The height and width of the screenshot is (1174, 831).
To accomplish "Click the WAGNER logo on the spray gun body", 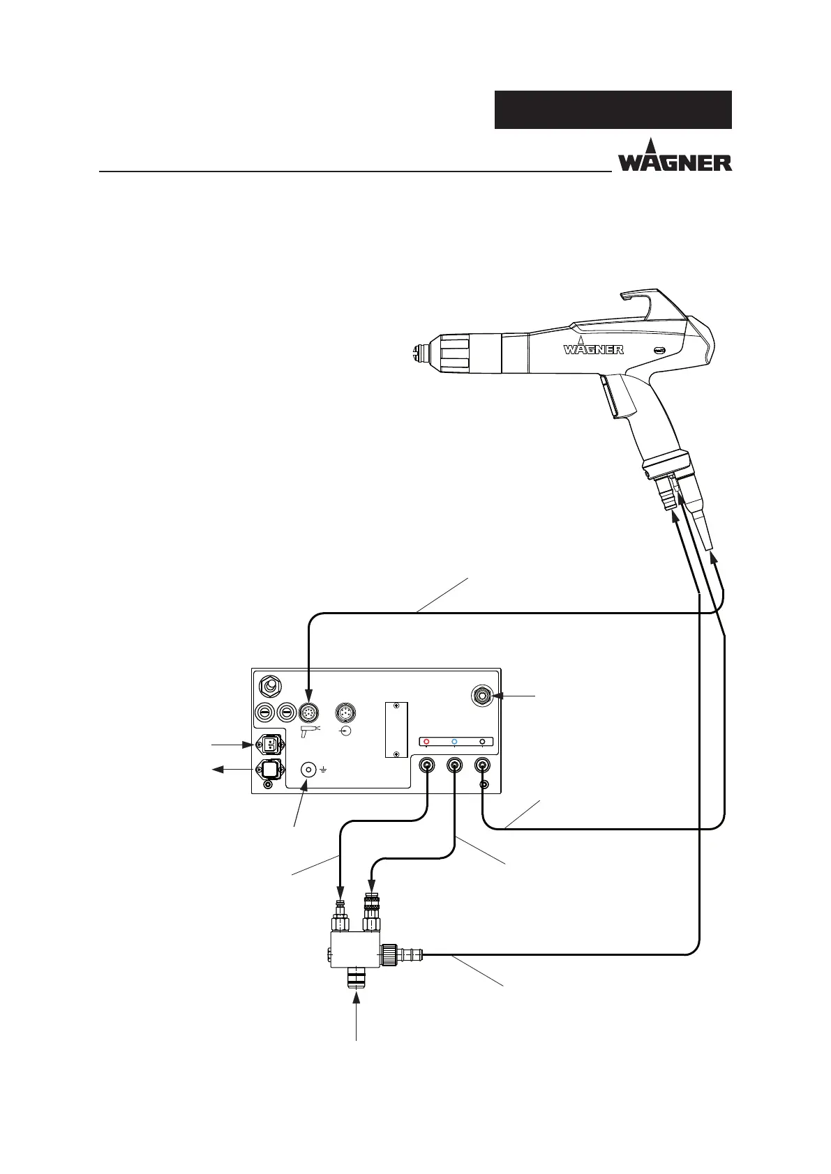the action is point(593,348).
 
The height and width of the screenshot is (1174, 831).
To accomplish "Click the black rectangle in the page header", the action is point(613,109).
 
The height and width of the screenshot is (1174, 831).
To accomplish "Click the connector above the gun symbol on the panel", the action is point(308,712).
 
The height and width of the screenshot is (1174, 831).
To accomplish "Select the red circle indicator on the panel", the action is point(426,742).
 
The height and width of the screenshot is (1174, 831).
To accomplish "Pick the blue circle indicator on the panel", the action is point(454,742).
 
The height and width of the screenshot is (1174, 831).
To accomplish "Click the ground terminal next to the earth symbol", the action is point(308,769).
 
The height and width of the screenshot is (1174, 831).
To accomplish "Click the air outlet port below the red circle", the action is point(426,765).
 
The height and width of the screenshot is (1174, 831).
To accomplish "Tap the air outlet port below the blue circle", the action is point(454,765).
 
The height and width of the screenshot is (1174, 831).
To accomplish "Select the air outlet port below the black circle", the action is point(482,765).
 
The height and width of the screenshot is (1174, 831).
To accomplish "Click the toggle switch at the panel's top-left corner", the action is point(269,687).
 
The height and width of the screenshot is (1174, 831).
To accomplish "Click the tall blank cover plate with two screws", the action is point(396,729).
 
